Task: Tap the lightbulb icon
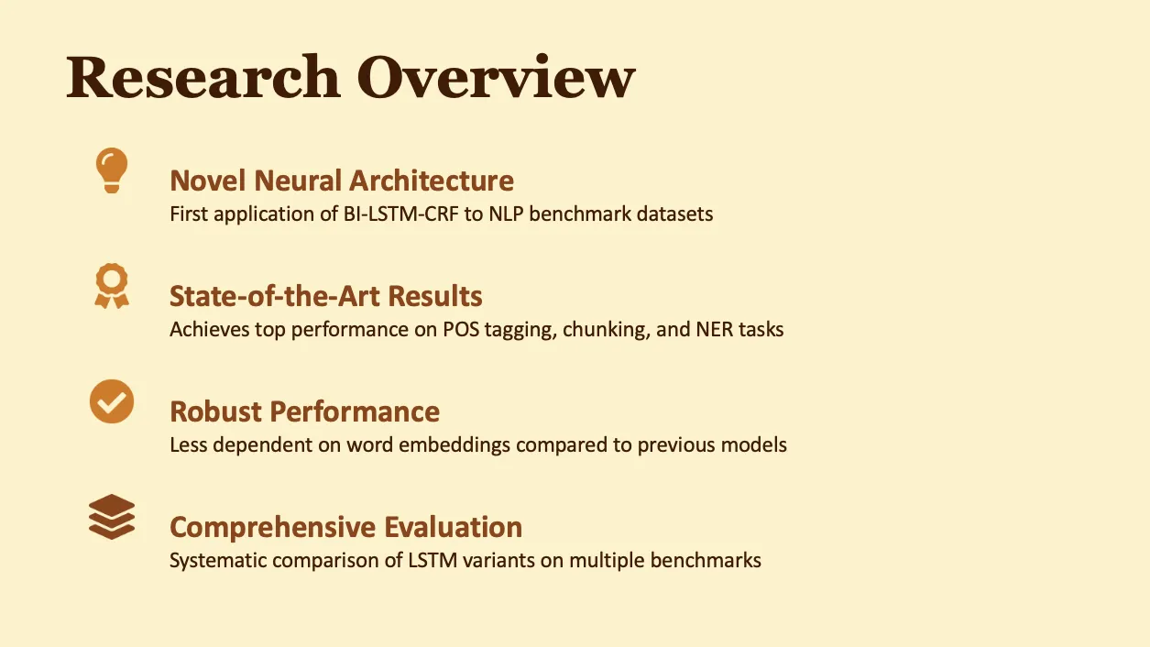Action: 112,170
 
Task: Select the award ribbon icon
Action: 112,286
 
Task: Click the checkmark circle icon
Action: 112,401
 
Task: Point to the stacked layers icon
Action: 112,517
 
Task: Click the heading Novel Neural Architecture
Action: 342,181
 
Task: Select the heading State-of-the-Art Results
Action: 326,296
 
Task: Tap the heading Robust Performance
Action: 305,411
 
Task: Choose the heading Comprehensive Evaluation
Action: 346,527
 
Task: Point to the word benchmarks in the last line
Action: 706,560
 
